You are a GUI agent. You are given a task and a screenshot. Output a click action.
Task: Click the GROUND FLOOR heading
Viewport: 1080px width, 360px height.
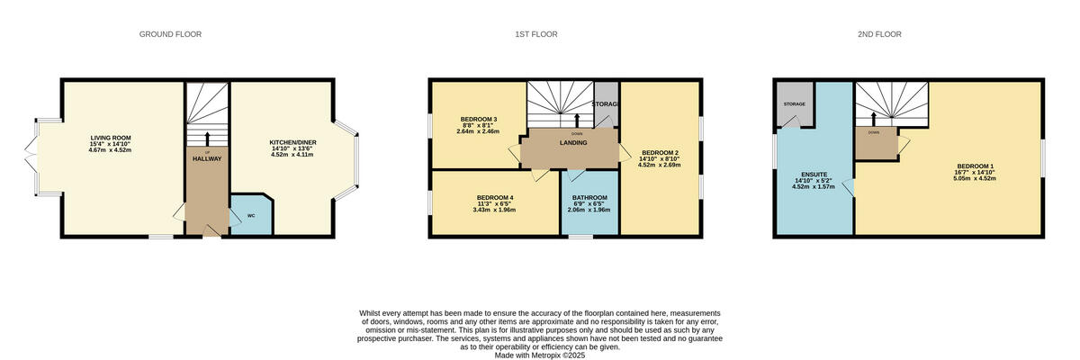pyautogui.click(x=170, y=34)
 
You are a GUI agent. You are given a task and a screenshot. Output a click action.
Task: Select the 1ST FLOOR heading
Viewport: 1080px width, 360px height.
pyautogui.click(x=536, y=34)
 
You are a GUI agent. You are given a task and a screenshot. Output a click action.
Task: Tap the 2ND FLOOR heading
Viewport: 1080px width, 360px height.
pyautogui.click(x=879, y=34)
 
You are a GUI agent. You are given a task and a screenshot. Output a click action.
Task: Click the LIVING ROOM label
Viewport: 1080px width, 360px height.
pyautogui.click(x=110, y=138)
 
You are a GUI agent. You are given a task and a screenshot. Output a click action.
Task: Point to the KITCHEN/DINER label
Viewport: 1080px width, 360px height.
pyautogui.click(x=293, y=142)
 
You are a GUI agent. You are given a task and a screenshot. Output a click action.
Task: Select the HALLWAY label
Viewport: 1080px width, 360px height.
pyautogui.click(x=207, y=158)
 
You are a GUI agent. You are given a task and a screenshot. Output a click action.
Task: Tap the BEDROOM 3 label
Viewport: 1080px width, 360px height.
pyautogui.click(x=478, y=119)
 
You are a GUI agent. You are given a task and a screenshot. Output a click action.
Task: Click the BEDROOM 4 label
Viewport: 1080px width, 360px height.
pyautogui.click(x=494, y=197)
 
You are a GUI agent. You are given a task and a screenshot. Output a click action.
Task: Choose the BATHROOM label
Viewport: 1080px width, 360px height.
pyautogui.click(x=590, y=197)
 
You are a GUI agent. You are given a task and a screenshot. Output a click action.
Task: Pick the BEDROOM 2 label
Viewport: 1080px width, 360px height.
pyautogui.click(x=659, y=152)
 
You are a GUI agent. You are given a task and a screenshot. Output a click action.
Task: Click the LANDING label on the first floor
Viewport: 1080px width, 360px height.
pyautogui.click(x=573, y=142)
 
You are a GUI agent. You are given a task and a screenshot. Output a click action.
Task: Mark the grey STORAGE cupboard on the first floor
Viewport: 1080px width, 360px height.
pyautogui.click(x=606, y=103)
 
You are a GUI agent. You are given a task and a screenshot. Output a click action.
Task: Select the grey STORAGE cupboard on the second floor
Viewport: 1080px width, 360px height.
pyautogui.click(x=794, y=104)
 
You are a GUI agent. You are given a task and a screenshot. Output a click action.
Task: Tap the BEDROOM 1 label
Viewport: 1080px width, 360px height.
pyautogui.click(x=975, y=165)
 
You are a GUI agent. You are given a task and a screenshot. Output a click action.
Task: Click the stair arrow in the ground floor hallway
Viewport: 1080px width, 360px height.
pyautogui.click(x=207, y=138)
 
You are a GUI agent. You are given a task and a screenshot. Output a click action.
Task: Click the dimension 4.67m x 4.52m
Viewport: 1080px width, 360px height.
pyautogui.click(x=110, y=150)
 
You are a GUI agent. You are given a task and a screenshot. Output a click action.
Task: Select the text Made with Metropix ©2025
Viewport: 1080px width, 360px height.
pyautogui.click(x=540, y=355)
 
